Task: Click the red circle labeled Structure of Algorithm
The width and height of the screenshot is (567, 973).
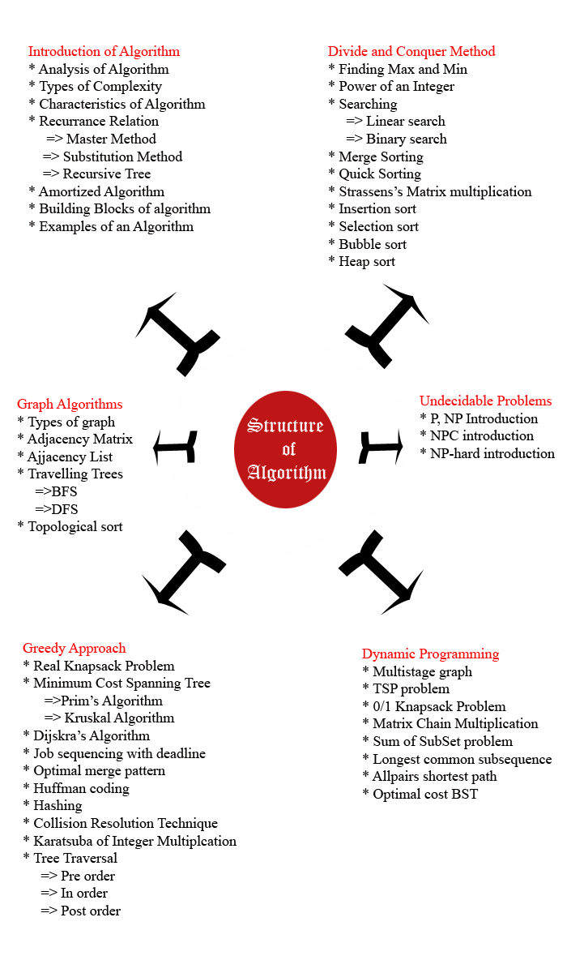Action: tap(285, 449)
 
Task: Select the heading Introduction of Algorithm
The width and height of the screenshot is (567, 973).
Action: tap(104, 51)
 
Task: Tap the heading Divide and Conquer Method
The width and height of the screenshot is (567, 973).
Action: tap(411, 51)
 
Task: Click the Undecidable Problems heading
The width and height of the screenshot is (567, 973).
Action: tap(485, 401)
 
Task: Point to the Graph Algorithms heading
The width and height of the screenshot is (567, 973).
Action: tap(70, 404)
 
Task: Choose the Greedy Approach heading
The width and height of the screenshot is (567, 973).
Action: tap(75, 648)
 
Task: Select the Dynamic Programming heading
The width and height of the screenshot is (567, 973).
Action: tap(430, 654)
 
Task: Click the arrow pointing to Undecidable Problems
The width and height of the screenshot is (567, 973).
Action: tap(381, 447)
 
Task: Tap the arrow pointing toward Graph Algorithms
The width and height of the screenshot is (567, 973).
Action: tap(175, 447)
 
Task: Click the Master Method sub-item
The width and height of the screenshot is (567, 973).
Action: tap(101, 139)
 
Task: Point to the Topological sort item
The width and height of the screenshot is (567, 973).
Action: tap(70, 526)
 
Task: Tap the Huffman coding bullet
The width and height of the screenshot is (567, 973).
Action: tap(76, 788)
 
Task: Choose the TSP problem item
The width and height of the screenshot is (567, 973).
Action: tap(406, 689)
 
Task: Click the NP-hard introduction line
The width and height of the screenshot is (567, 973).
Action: tap(487, 453)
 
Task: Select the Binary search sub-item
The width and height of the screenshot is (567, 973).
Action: tap(397, 139)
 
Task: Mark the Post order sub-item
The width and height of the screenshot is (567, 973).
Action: tap(81, 911)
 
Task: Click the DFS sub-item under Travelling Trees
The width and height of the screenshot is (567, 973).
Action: tap(57, 509)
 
